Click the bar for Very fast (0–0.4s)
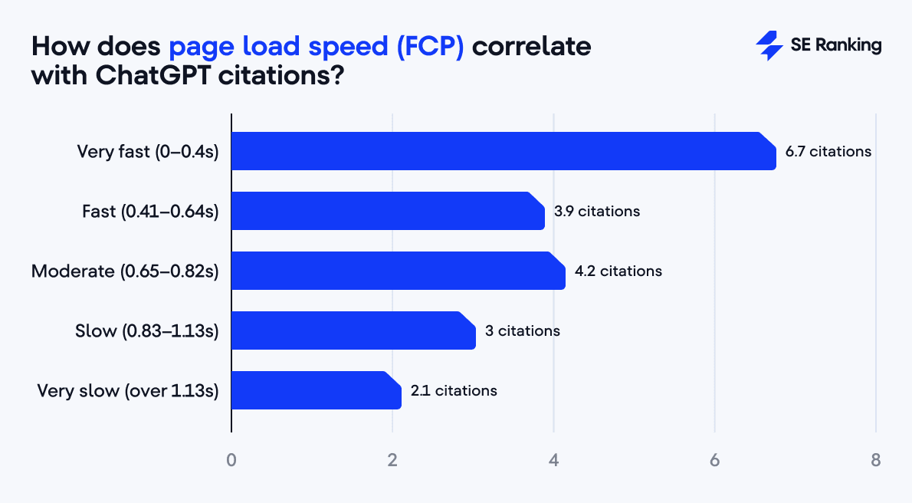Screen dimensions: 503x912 coord(503,151)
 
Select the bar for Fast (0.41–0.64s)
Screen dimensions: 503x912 coord(387,211)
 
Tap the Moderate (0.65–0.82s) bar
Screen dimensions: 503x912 coord(398,271)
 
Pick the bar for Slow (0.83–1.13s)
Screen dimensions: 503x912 coord(353,330)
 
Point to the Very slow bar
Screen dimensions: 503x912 coord(316,390)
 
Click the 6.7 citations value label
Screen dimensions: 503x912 coord(828,151)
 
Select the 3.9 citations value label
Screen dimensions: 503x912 coord(596,211)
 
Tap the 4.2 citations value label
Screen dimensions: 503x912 coord(618,271)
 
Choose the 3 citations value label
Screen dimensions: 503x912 coord(522,330)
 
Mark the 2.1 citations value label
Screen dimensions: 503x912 coord(453,390)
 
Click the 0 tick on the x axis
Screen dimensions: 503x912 coord(231,461)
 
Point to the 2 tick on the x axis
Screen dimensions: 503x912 coord(392,461)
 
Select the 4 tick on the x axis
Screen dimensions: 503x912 coord(553,461)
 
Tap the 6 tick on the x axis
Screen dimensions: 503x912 coord(714,461)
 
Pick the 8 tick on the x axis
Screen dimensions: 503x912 coord(875,461)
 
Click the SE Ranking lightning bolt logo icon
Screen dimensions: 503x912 coord(768,46)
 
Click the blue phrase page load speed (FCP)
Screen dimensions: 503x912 coord(317,48)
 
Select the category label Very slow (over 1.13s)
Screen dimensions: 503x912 coord(128,390)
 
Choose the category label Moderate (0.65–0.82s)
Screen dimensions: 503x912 coord(125,271)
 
